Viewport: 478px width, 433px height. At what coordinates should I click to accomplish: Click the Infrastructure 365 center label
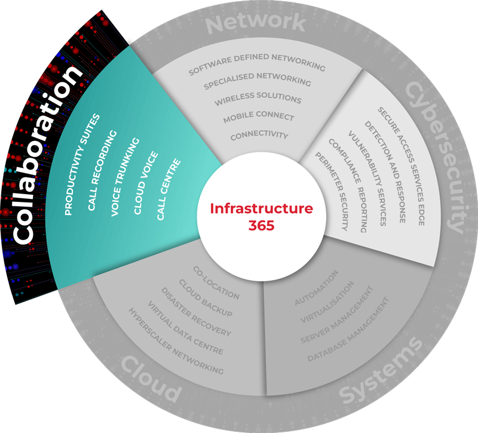261,217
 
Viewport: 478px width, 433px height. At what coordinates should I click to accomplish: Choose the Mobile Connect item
259,117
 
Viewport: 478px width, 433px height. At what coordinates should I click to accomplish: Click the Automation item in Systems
317,288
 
